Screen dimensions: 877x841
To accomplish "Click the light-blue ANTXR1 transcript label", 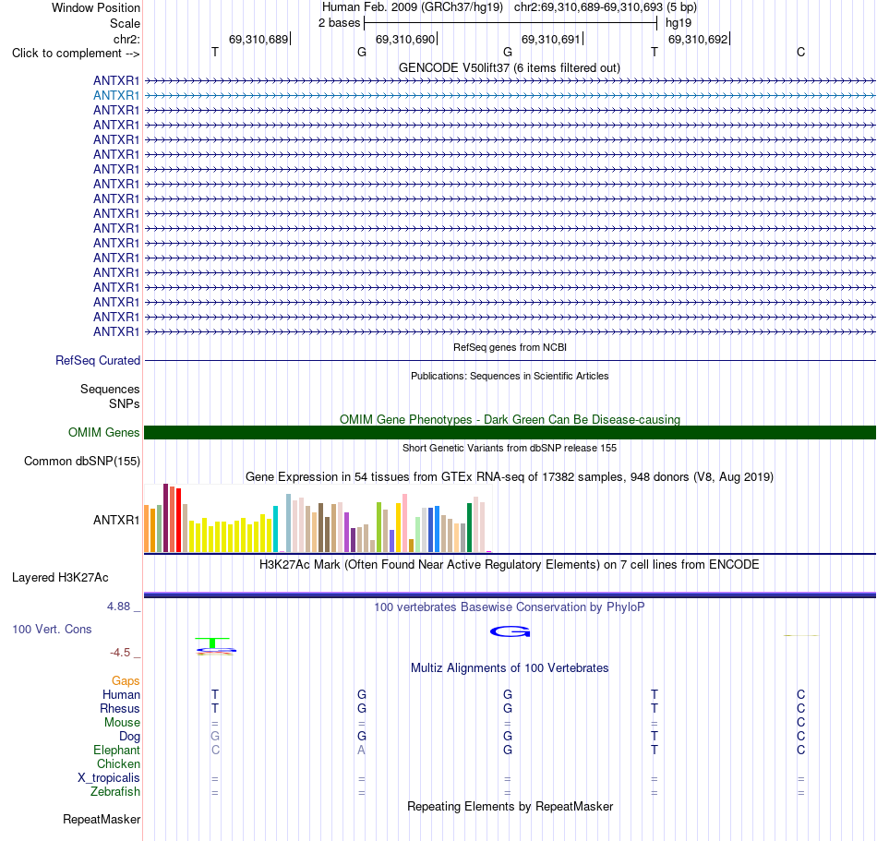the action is point(116,96).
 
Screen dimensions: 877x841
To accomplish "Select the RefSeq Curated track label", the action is point(98,361).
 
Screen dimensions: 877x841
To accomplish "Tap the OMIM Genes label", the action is point(104,432).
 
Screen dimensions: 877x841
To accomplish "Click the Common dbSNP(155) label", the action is point(82,462).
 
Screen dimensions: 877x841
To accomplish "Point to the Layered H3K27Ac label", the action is point(60,578).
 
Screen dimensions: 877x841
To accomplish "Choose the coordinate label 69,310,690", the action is point(405,39).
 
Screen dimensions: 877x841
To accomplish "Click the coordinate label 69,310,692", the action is point(698,39).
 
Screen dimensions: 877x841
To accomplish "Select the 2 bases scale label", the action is point(340,23).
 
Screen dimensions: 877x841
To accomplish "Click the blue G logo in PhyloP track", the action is point(511,631).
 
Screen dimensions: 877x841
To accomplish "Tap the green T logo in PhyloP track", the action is point(212,643).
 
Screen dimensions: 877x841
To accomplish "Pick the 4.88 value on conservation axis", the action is point(118,607).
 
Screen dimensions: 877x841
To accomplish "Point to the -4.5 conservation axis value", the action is point(120,653).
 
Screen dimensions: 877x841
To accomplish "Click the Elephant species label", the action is point(117,750).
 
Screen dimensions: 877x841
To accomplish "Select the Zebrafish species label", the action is point(115,792).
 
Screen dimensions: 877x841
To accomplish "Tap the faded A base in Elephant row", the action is point(361,750).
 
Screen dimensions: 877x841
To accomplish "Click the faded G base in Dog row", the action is point(215,736).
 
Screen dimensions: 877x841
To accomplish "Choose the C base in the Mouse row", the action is point(801,723).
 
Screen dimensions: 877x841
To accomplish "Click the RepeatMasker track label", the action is point(102,819).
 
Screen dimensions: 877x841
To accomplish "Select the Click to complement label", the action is point(76,54).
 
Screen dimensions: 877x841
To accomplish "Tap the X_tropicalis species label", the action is point(109,778).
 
